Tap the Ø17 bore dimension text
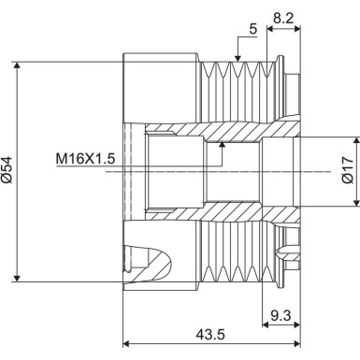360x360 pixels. [347, 171]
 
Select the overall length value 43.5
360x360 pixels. [211, 334]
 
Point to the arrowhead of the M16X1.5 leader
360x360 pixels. [222, 145]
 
